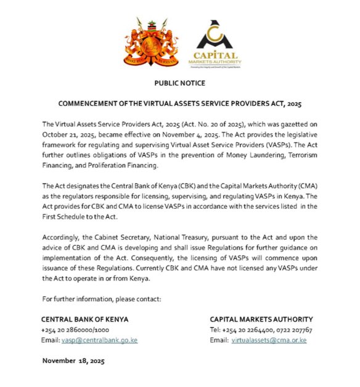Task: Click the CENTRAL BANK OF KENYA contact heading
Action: (84, 320)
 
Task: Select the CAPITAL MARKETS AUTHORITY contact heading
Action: (261, 320)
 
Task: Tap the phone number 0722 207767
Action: (292, 330)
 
